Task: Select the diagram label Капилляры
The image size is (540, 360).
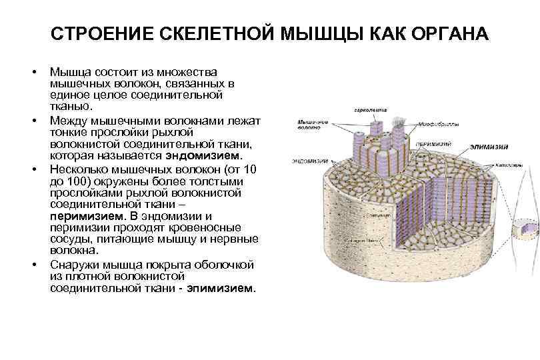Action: tap(513, 162)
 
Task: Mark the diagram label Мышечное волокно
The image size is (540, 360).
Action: tap(312, 125)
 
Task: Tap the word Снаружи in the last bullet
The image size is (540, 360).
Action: tap(72, 265)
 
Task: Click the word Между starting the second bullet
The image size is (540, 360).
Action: tap(68, 119)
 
